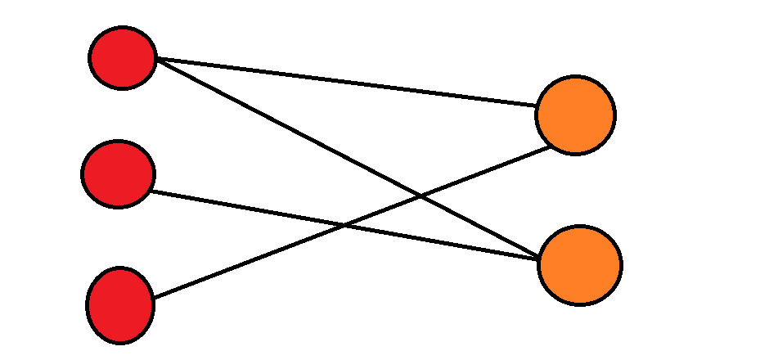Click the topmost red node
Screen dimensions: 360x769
pyautogui.click(x=123, y=58)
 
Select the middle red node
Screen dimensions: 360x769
pyautogui.click(x=119, y=173)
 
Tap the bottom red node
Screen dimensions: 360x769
pyautogui.click(x=120, y=304)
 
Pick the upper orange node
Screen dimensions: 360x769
pyautogui.click(x=575, y=115)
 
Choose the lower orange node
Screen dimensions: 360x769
pyautogui.click(x=580, y=265)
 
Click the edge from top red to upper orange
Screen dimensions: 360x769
pyautogui.click(x=344, y=82)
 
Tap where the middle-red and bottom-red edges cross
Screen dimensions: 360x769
pyautogui.click(x=344, y=226)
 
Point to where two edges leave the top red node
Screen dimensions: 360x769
pyautogui.click(x=155, y=59)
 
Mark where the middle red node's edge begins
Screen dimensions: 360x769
pyautogui.click(x=153, y=191)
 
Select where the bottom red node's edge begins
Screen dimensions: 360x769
pyautogui.click(x=152, y=298)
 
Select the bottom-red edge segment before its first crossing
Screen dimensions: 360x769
pyautogui.click(x=245, y=263)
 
